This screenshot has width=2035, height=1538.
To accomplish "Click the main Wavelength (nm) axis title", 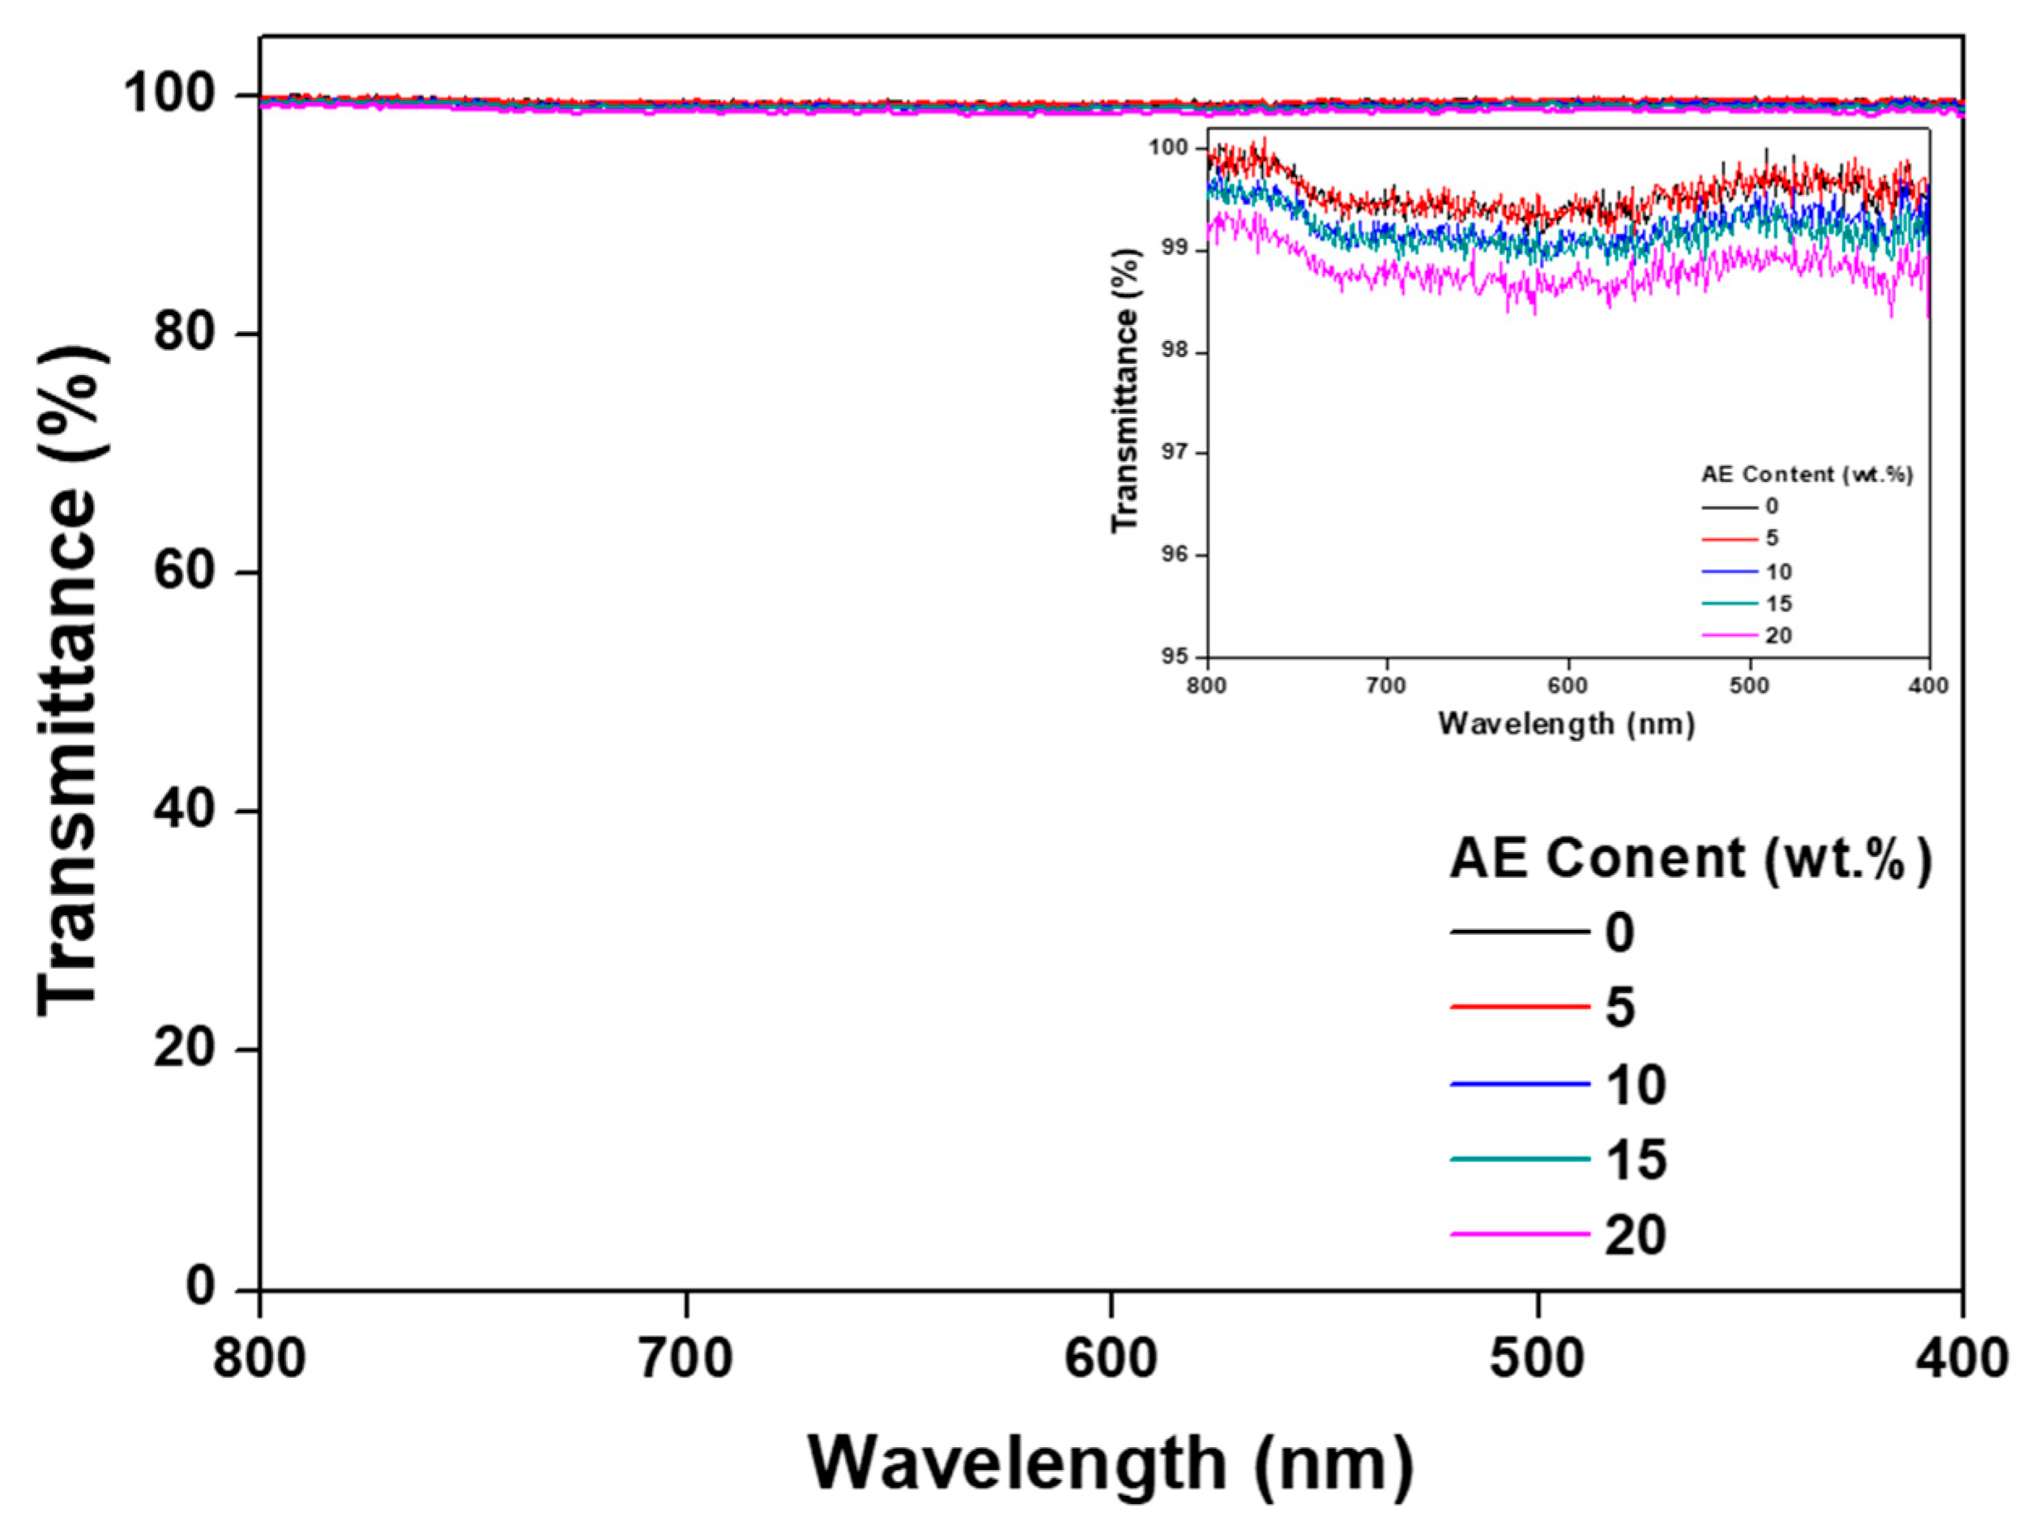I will (x=1111, y=1463).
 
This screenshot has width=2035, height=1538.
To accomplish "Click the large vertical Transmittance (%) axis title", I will (x=70, y=680).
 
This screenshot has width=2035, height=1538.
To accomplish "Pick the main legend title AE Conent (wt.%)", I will (x=1691, y=859).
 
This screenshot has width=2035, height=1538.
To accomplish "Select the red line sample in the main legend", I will (x=1519, y=1008).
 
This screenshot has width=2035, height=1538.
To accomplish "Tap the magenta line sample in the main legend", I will (x=1519, y=1233).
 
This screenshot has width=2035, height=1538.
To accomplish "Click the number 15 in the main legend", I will (x=1636, y=1159).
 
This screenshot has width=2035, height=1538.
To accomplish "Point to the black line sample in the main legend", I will (x=1519, y=933).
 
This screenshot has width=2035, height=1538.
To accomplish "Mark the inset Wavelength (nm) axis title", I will (x=1566, y=724).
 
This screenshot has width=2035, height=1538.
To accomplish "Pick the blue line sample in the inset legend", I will (x=1729, y=571).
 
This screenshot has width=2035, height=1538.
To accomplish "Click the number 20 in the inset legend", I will (x=1778, y=636).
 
